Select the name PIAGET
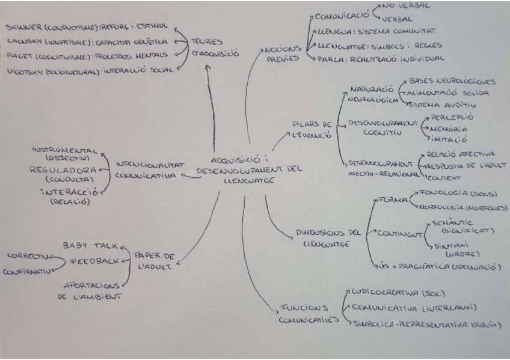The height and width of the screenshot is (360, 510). point(19,55)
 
